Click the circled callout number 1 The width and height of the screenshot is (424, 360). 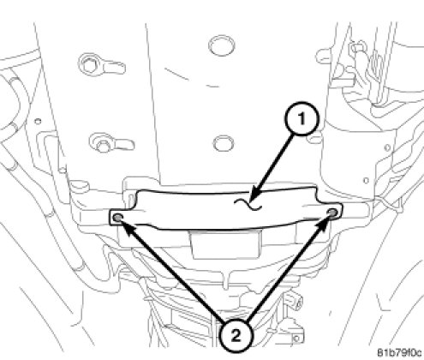click(302, 118)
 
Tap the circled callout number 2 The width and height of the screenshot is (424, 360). click(236, 336)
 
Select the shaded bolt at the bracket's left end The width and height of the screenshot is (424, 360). click(117, 218)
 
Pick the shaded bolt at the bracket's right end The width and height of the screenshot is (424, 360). click(332, 213)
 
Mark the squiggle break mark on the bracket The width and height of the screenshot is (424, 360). click(248, 204)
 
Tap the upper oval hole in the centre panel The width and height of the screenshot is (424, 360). click(222, 45)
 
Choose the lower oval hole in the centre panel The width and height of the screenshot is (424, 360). click(224, 143)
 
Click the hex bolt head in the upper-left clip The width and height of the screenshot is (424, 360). click(89, 66)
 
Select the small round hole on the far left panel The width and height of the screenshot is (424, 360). click(38, 121)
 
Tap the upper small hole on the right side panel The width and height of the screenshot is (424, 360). click(387, 148)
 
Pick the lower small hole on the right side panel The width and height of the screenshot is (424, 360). click(366, 181)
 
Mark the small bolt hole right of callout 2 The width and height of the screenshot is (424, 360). click(296, 339)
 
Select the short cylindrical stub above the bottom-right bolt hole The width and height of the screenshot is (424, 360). click(298, 302)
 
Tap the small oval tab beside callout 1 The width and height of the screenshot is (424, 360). click(314, 141)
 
